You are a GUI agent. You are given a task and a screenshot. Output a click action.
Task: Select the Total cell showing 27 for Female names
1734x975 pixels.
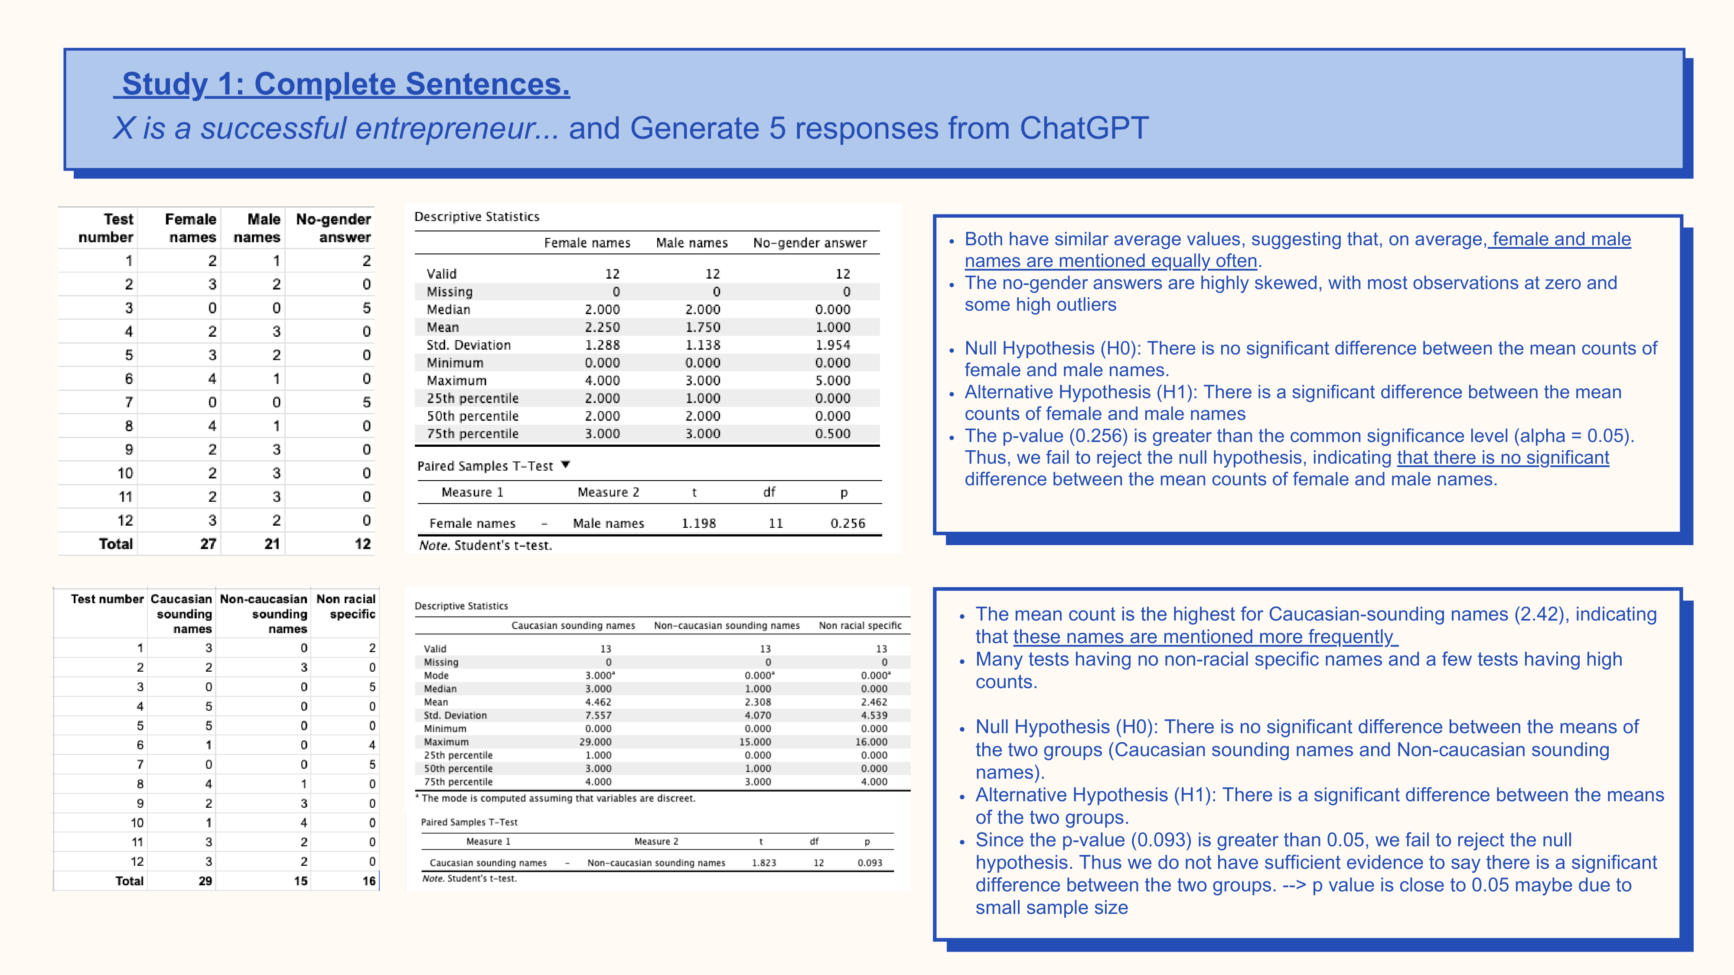(x=208, y=544)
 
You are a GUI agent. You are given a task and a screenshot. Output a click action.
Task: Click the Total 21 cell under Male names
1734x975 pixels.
(x=272, y=544)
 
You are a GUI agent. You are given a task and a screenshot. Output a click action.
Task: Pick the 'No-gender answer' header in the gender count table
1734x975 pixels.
(x=333, y=228)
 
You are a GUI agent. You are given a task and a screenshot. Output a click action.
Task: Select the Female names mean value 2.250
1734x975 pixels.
(x=603, y=328)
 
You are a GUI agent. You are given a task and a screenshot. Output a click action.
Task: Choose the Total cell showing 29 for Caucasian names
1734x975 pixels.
(x=205, y=881)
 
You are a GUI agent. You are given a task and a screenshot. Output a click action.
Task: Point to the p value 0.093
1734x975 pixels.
(x=870, y=863)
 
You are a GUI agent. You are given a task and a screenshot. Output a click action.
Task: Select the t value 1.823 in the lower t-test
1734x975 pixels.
(x=764, y=863)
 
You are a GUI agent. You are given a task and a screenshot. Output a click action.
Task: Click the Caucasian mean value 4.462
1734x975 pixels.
(x=598, y=702)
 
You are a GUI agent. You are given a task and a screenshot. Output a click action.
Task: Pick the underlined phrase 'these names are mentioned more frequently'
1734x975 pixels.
(x=1205, y=637)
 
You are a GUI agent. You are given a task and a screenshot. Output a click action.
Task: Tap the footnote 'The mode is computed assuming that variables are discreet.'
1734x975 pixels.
(x=557, y=798)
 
